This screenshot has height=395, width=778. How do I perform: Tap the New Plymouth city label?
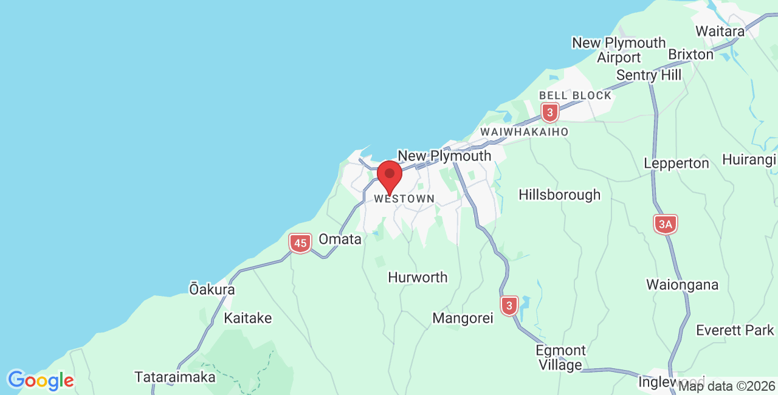pyautogui.click(x=444, y=156)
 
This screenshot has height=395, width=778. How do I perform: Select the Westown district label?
pyautogui.click(x=404, y=199)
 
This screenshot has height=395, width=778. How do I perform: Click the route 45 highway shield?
pyautogui.click(x=300, y=244)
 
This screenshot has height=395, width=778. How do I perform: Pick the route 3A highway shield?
pyautogui.click(x=666, y=225)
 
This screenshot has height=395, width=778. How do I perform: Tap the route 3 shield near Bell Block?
pyautogui.click(x=550, y=112)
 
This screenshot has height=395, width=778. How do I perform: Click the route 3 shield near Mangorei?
pyautogui.click(x=509, y=305)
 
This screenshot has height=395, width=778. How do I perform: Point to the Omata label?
pyautogui.click(x=340, y=239)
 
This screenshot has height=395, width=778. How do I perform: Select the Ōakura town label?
pyautogui.click(x=212, y=289)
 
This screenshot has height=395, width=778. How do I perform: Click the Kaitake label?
pyautogui.click(x=248, y=318)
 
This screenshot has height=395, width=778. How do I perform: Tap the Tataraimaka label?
pyautogui.click(x=175, y=377)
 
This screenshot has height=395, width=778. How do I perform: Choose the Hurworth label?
pyautogui.click(x=418, y=277)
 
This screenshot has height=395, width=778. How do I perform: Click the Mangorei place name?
pyautogui.click(x=463, y=318)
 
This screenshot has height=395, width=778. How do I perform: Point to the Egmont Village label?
pyautogui.click(x=560, y=358)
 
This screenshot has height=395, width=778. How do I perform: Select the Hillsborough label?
pyautogui.click(x=559, y=194)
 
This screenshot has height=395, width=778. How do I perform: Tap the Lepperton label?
pyautogui.click(x=676, y=163)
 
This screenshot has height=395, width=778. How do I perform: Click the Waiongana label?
pyautogui.click(x=682, y=284)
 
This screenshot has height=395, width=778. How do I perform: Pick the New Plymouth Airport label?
pyautogui.click(x=619, y=50)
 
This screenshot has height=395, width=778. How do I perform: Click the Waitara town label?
pyautogui.click(x=720, y=31)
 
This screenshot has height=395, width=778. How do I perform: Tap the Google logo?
pyautogui.click(x=40, y=380)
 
